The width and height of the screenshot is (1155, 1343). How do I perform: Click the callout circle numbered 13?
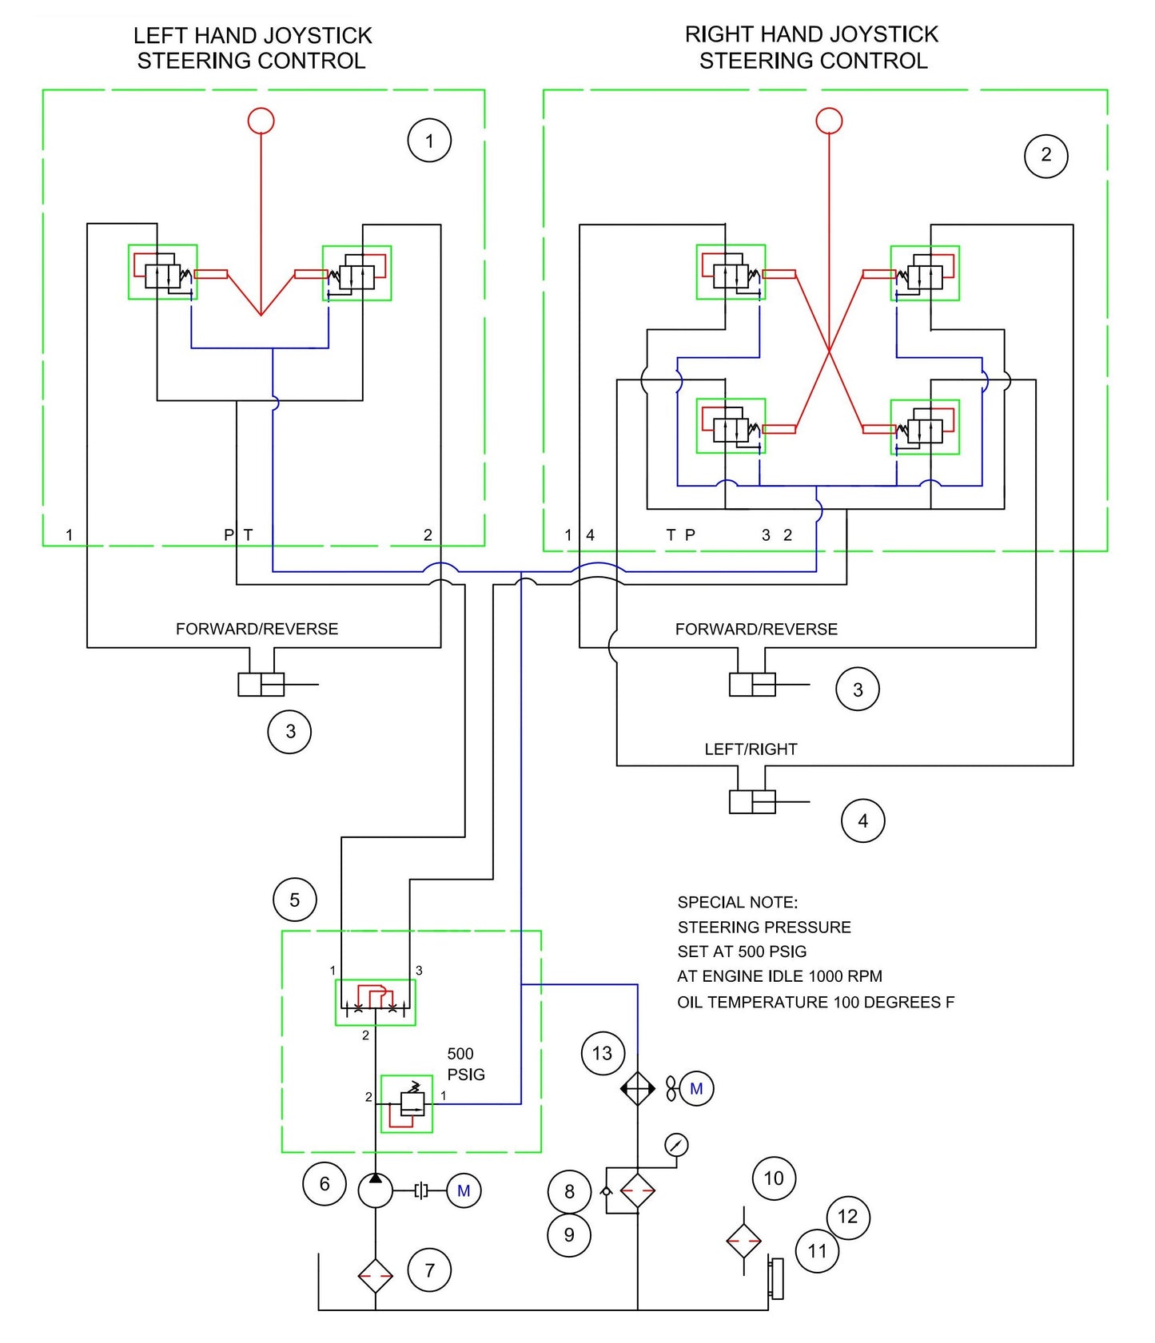point(602,1053)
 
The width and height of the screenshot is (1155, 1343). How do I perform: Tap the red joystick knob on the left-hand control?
point(261,121)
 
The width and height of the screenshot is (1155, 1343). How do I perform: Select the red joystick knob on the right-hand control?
point(829,121)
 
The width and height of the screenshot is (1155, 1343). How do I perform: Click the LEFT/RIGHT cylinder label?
point(751,749)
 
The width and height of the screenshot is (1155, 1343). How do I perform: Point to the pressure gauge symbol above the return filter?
point(676,1145)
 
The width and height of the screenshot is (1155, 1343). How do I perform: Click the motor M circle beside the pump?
point(464,1191)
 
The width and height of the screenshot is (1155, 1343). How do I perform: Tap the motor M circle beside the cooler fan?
point(696,1088)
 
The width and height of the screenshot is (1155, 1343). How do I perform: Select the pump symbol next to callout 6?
point(375,1190)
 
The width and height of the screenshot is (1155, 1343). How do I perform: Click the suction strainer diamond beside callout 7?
point(375,1276)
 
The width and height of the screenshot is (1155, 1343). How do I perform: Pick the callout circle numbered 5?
point(294,900)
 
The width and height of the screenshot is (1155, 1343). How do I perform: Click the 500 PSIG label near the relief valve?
point(466,1064)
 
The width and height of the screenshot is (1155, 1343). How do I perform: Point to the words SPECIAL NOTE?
point(737,902)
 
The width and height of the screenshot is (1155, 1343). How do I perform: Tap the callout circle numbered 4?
point(862,821)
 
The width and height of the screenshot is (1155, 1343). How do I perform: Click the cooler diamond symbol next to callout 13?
point(638,1088)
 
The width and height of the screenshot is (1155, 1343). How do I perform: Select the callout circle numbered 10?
point(774,1178)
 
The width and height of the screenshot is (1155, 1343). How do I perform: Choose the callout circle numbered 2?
point(1045,155)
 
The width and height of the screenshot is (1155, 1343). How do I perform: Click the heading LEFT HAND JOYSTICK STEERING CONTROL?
point(252,48)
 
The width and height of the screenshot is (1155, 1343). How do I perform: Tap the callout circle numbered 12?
point(847,1217)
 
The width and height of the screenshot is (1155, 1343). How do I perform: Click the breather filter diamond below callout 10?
point(743,1241)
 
